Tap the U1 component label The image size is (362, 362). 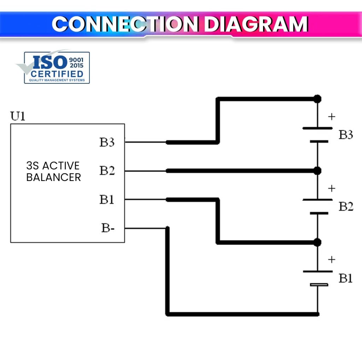pos(18,116)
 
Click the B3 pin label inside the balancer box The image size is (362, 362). pos(107,142)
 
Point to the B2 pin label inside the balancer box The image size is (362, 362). pos(107,171)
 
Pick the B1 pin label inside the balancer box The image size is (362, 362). pos(107,199)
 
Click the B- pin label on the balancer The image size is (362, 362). pos(108,228)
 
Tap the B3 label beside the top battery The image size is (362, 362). pos(346,135)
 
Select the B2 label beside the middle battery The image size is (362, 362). pos(346,206)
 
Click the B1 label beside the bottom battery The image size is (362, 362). pos(346,278)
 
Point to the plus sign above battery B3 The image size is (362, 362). pos(331,117)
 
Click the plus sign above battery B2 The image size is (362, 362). pos(331,188)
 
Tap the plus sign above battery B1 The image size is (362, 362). pos(331,259)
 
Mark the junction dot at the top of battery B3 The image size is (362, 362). pos(317,99)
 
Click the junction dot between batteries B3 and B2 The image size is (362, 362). pos(317,171)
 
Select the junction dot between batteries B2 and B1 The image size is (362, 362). pos(317,242)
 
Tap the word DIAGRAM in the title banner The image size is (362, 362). pos(256,24)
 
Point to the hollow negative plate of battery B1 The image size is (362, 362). pos(319,285)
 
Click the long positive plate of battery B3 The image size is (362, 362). pos(317,128)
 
